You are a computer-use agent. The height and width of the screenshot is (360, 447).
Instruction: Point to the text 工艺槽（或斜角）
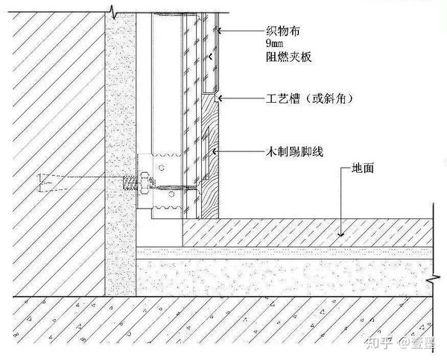(309, 98)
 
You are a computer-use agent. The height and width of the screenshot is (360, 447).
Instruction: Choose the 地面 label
(363, 169)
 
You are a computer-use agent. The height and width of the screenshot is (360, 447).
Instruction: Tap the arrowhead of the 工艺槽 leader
(218, 98)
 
